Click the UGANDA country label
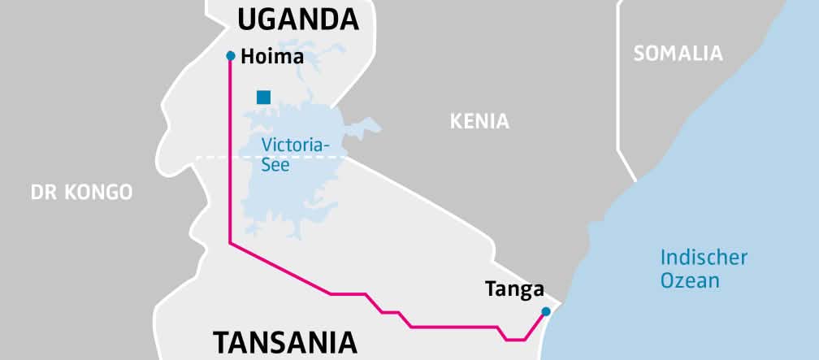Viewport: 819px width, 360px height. click(x=297, y=19)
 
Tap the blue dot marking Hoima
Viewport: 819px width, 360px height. click(x=231, y=56)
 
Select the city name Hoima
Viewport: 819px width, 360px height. click(x=272, y=57)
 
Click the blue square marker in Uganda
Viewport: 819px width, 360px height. click(x=263, y=98)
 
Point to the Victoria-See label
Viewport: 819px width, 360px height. click(x=296, y=154)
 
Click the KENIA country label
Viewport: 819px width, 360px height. click(x=479, y=122)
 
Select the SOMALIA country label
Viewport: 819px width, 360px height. click(x=678, y=54)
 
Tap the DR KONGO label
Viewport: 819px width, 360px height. click(x=81, y=193)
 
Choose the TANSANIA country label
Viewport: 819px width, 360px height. click(x=284, y=341)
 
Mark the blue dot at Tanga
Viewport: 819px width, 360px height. click(x=546, y=311)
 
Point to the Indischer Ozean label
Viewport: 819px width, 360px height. click(x=703, y=269)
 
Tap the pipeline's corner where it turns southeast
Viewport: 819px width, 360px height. click(x=231, y=242)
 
